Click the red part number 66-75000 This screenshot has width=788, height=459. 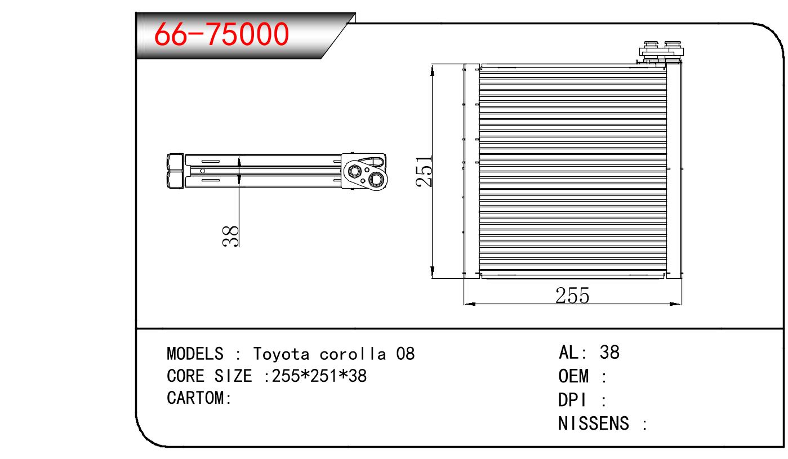[x=221, y=34]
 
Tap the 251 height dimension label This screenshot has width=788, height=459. [x=424, y=171]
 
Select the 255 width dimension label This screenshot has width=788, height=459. [x=572, y=296]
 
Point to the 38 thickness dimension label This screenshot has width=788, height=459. [x=231, y=236]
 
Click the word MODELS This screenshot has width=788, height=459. [x=195, y=354]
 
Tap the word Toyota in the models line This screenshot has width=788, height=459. [x=281, y=354]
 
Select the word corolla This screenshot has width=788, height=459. [x=353, y=354]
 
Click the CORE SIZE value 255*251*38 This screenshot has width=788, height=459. [x=319, y=376]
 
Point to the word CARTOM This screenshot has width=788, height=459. [x=195, y=398]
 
